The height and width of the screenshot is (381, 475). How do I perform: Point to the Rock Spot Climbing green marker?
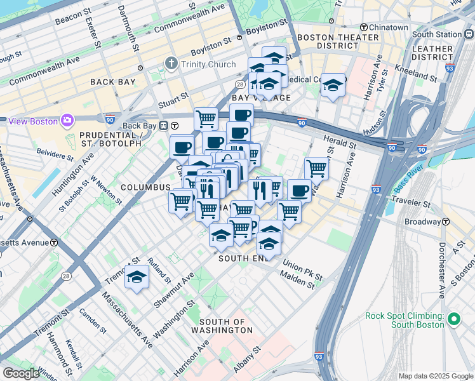[x=453, y=320]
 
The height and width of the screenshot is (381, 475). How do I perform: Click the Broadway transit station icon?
[x=446, y=222]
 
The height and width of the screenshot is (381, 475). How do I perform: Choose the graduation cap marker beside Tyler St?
[x=332, y=86]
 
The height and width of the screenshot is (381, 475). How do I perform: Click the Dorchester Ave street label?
[x=441, y=269]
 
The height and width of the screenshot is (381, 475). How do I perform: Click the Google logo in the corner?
[x=21, y=373]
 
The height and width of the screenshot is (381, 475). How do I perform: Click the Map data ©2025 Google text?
[x=435, y=376]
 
